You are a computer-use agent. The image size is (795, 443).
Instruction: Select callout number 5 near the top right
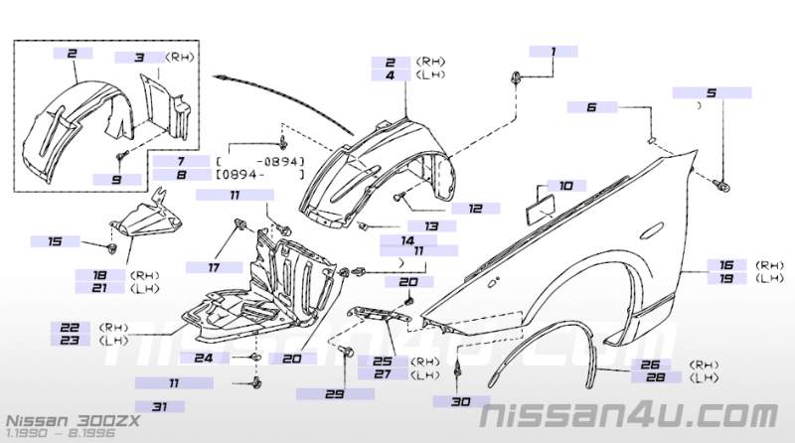click(711, 93)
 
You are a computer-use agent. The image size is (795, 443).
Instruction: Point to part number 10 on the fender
click(565, 186)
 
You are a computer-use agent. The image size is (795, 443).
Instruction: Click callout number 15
click(55, 241)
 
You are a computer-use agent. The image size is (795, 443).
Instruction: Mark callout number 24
click(203, 358)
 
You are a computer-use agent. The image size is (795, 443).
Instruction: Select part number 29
click(334, 395)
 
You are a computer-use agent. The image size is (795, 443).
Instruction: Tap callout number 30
click(459, 402)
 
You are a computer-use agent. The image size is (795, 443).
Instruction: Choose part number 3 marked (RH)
click(140, 59)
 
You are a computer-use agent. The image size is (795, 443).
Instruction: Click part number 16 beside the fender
click(727, 265)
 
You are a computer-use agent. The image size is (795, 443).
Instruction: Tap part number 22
click(69, 326)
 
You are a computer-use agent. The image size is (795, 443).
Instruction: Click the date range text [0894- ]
click(259, 174)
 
